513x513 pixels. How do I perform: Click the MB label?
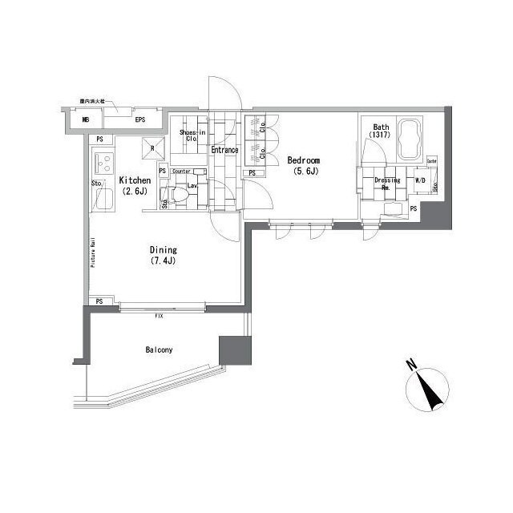(86, 121)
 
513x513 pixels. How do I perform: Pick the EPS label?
(139, 121)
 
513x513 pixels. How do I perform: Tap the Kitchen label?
(135, 181)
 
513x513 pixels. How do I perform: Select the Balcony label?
(160, 349)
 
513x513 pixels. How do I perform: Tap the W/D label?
(420, 180)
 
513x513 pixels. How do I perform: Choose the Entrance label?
(225, 150)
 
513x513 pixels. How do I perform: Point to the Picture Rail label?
(94, 252)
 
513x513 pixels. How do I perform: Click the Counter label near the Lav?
(180, 171)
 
